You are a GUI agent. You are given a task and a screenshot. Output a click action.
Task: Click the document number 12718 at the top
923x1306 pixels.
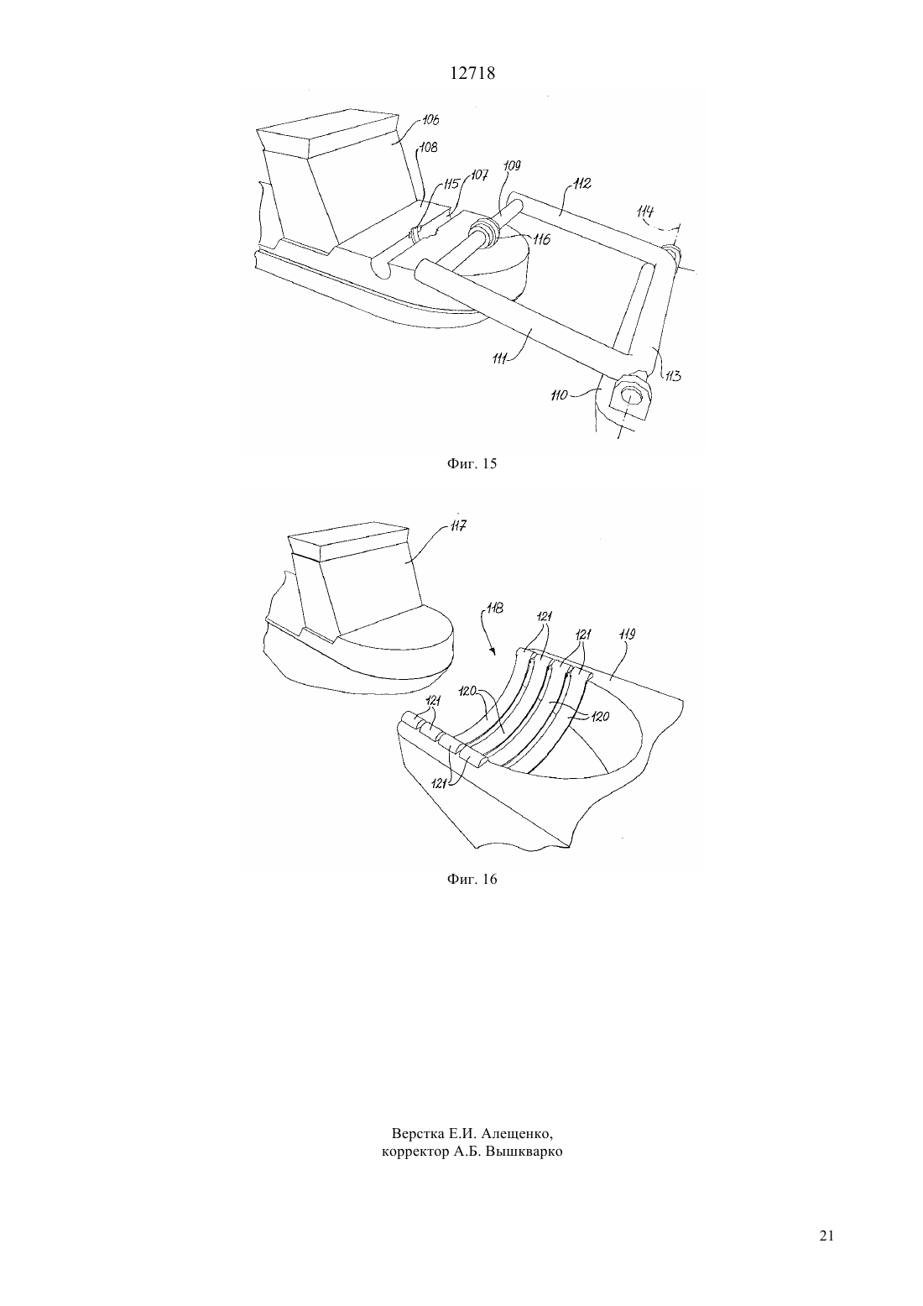[472, 74]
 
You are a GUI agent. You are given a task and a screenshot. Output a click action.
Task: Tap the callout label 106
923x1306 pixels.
[430, 120]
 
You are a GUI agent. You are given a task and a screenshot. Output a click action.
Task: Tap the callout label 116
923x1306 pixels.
[541, 239]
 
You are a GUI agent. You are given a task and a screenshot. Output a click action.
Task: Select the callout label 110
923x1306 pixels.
[559, 396]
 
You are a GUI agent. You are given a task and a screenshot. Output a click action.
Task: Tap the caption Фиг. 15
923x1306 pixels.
[472, 464]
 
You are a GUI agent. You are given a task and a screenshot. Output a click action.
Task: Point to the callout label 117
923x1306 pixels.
[457, 526]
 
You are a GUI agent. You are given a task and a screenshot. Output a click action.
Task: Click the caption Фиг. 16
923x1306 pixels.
[472, 880]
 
